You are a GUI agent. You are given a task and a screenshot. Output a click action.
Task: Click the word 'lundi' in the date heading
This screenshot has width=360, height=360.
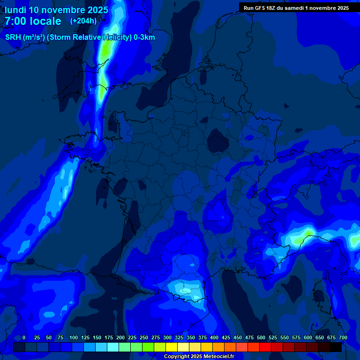pyautogui.click(x=15, y=10)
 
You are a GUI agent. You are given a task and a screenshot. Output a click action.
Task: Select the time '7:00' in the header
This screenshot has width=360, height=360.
pyautogui.click(x=15, y=22)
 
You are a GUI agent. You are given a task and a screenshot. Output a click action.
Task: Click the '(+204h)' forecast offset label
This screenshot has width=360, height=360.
pyautogui.click(x=83, y=21)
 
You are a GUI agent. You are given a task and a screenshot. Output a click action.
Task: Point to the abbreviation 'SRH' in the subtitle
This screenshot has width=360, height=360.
pyautogui.click(x=13, y=37)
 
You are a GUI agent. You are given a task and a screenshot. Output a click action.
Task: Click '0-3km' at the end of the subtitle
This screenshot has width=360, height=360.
pyautogui.click(x=144, y=37)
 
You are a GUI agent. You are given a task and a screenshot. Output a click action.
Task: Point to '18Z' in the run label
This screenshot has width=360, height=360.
pyautogui.click(x=271, y=8)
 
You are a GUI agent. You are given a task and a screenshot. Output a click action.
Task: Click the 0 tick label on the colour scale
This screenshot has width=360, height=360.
pyautogui.click(x=24, y=338)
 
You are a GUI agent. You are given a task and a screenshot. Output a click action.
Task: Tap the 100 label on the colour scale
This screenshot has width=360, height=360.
pyautogui.click(x=74, y=338)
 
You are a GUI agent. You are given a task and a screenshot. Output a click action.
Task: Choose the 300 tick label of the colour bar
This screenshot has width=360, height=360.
pyautogui.click(x=167, y=338)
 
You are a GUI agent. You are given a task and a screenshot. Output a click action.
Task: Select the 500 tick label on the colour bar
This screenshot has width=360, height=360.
pyautogui.click(x=261, y=338)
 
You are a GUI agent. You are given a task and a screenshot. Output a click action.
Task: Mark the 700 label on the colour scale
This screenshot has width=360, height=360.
pyautogui.click(x=343, y=338)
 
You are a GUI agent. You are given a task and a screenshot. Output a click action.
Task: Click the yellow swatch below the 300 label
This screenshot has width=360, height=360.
pyautogui.click(x=172, y=347)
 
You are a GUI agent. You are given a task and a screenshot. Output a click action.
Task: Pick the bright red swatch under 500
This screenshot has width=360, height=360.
pyautogui.click(x=265, y=347)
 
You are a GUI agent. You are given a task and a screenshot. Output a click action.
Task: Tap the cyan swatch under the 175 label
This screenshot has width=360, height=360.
pyautogui.click(x=113, y=347)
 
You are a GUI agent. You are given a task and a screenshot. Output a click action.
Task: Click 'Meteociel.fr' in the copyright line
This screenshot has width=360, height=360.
pyautogui.click(x=219, y=357)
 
